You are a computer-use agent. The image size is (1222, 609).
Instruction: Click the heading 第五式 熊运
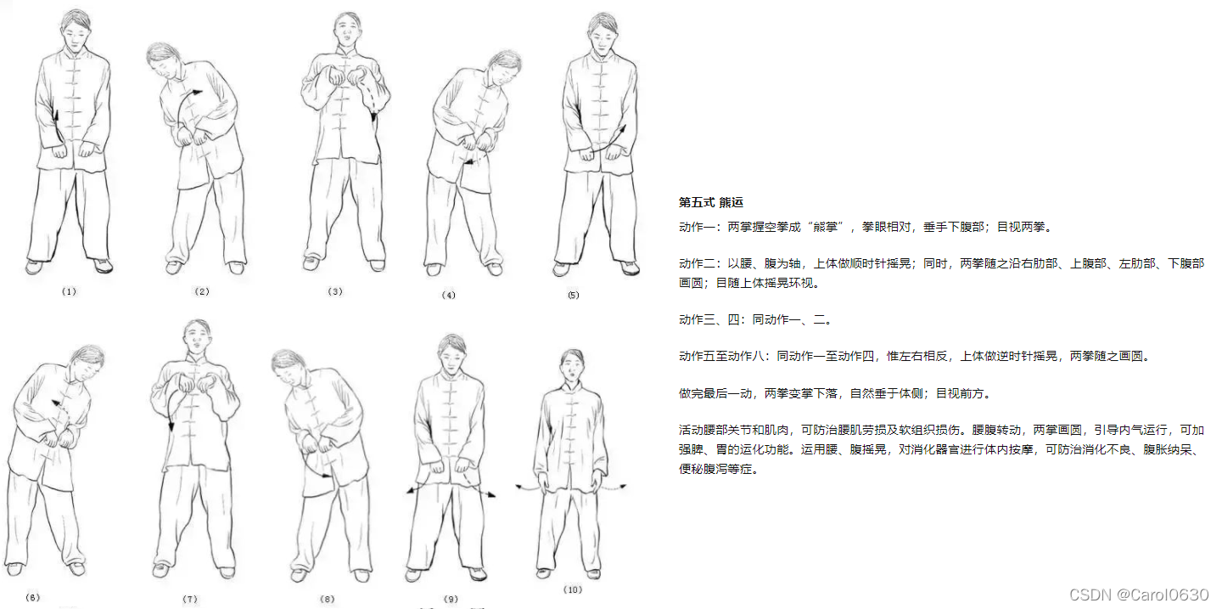coord(711,203)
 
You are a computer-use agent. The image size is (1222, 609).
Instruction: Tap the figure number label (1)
coord(69,291)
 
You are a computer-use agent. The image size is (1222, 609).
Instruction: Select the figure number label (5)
coord(574,295)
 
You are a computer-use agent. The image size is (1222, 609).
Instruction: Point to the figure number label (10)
coord(573,589)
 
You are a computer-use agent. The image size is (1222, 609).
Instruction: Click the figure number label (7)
coord(190,599)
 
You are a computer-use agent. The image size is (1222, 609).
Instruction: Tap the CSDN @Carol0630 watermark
coord(1139,595)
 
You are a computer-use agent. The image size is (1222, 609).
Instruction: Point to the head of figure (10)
coord(572,366)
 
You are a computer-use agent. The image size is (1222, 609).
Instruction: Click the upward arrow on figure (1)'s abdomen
coord(57,127)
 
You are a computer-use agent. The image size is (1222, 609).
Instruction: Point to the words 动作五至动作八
coord(721,357)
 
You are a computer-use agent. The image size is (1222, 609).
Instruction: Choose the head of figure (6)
coord(87,364)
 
